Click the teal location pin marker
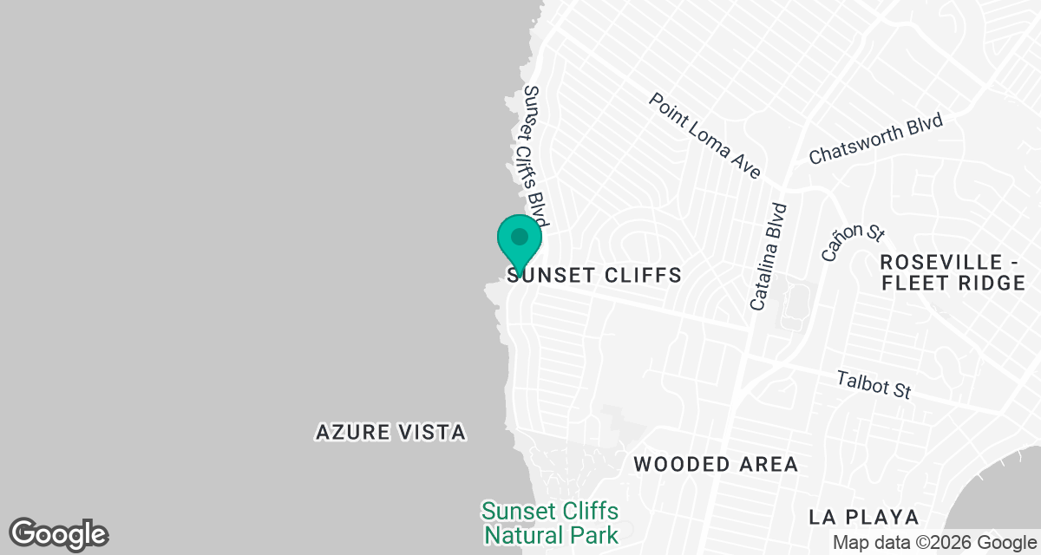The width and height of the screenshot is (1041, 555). click(520, 244)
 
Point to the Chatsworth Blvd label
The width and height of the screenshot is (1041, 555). click(875, 139)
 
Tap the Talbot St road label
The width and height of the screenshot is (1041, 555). click(874, 383)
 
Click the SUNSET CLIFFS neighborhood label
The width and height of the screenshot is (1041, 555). click(594, 276)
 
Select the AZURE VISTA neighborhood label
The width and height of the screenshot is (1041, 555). click(390, 432)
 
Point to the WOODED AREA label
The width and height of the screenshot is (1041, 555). click(716, 464)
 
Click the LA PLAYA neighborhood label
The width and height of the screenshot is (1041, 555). click(863, 517)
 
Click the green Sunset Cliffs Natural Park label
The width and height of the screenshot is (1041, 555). click(551, 522)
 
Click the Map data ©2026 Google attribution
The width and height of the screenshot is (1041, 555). click(933, 543)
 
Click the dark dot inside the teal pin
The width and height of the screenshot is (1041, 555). click(520, 236)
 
